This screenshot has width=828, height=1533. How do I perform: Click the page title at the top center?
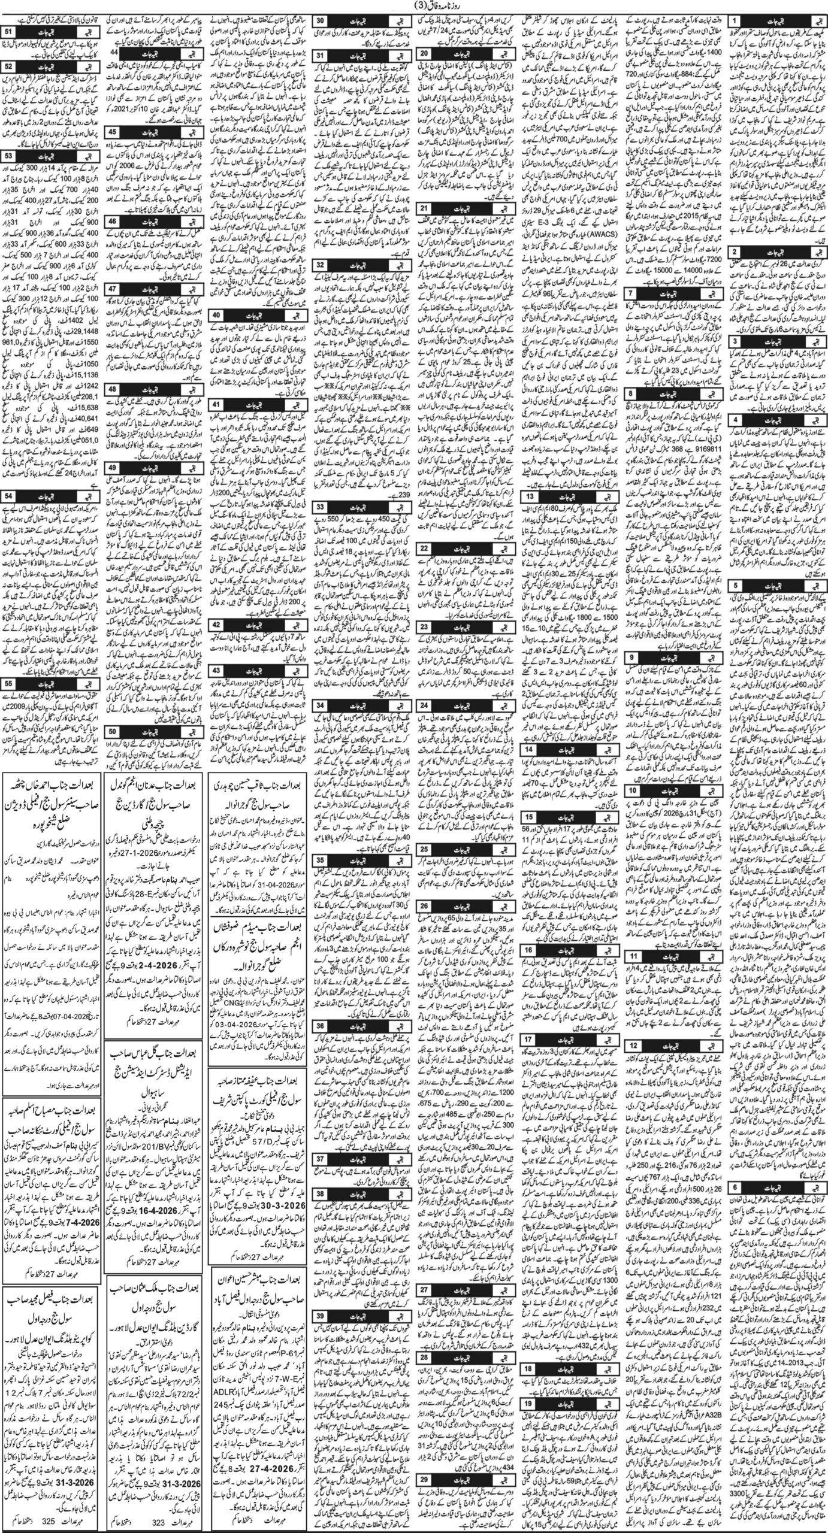[413, 7]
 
